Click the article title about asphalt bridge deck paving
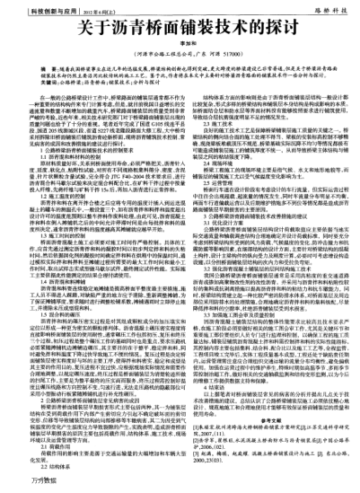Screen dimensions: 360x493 (x=180, y=27)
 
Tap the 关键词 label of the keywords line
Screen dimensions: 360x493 (x=34, y=81)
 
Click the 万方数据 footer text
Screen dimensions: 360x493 (x=22, y=483)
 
